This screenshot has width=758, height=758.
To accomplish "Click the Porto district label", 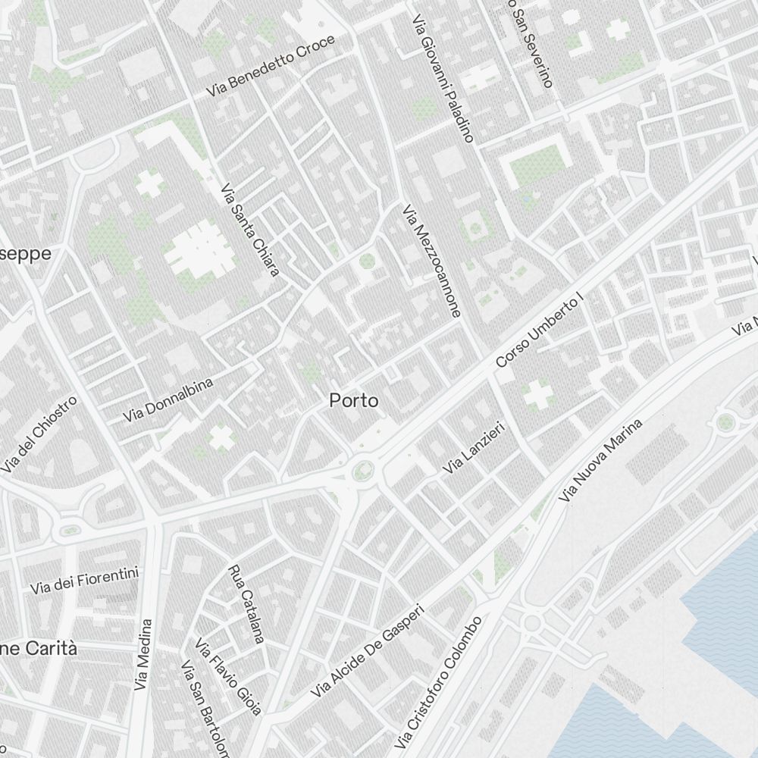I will (x=353, y=401).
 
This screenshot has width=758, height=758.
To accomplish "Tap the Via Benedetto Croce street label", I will (x=271, y=66).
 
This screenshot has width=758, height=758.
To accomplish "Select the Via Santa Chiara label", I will (x=250, y=230).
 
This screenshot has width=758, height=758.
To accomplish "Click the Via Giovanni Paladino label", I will (x=443, y=78).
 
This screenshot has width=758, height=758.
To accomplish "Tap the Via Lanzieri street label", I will (x=474, y=449).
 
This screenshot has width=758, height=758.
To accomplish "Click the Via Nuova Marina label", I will (x=600, y=460).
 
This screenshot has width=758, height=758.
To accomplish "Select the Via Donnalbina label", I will (x=168, y=399).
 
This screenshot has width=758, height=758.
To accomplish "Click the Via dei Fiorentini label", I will (x=85, y=581).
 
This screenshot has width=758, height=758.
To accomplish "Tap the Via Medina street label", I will (x=143, y=654).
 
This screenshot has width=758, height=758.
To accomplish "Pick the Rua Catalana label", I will (x=246, y=604).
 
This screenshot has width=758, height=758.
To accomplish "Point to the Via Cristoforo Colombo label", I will (x=438, y=682).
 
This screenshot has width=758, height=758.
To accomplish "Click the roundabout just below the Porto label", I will (x=362, y=472).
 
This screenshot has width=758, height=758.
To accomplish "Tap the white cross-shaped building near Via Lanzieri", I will (x=537, y=394).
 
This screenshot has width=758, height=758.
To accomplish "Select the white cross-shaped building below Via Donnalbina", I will (x=221, y=437).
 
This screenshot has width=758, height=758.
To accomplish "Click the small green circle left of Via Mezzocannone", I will (x=367, y=262).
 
